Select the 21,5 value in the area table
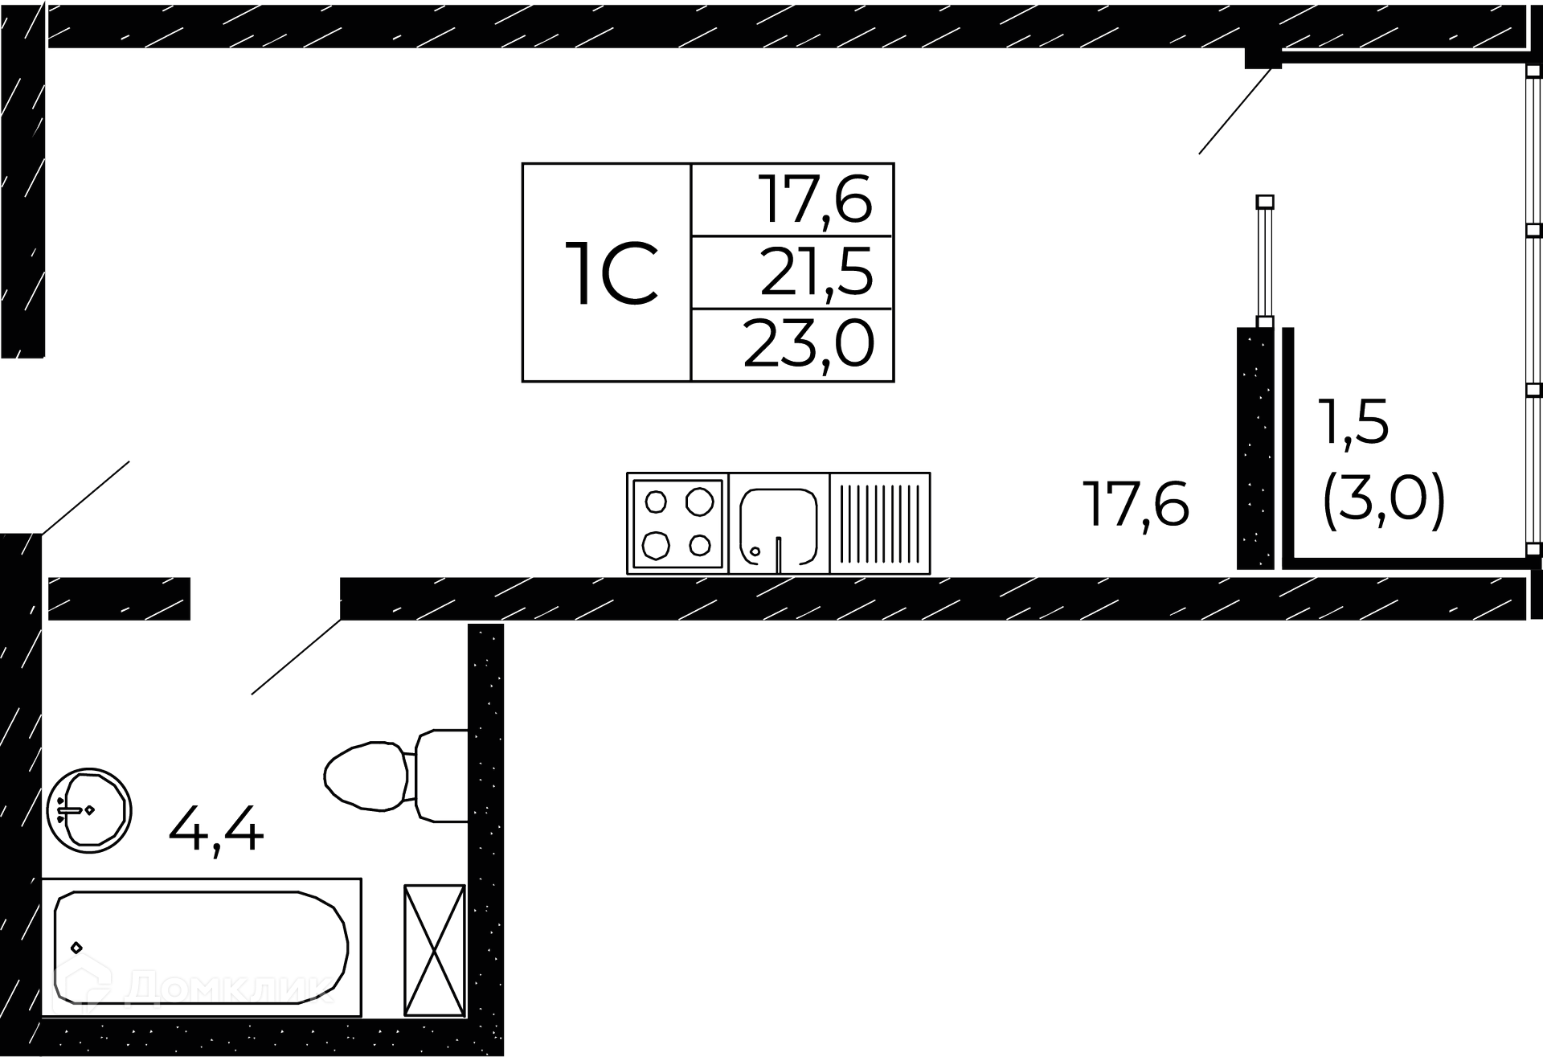click(817, 272)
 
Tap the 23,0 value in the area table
click(808, 344)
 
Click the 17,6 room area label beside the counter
click(1136, 504)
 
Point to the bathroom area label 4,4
click(216, 831)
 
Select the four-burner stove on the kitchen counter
click(677, 523)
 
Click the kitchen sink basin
click(778, 522)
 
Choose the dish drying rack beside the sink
click(879, 523)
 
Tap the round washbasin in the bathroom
click(89, 810)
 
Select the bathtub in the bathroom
click(201, 947)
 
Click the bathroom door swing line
click(296, 657)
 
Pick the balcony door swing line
click(1234, 111)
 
